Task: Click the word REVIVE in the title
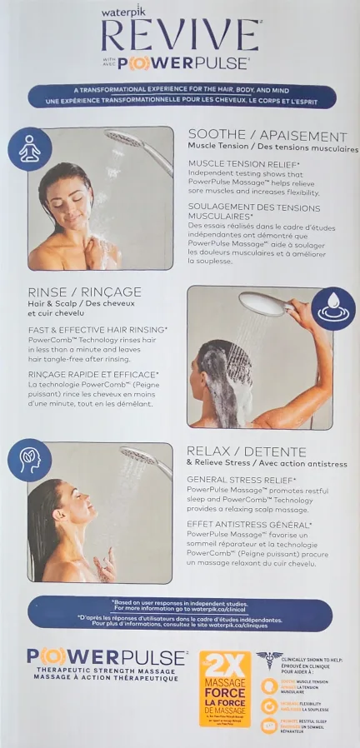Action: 180,36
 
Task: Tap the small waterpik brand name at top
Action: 124,13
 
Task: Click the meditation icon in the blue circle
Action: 30,147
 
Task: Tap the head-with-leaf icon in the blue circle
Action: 29,460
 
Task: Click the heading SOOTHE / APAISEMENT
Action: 267,136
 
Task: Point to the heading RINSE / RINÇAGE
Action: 84,292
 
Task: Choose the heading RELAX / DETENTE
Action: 246,451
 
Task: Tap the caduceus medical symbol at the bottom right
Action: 268,658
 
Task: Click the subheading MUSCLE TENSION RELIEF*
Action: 242,163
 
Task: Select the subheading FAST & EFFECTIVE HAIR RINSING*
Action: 97,330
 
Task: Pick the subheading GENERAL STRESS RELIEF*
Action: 241,480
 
